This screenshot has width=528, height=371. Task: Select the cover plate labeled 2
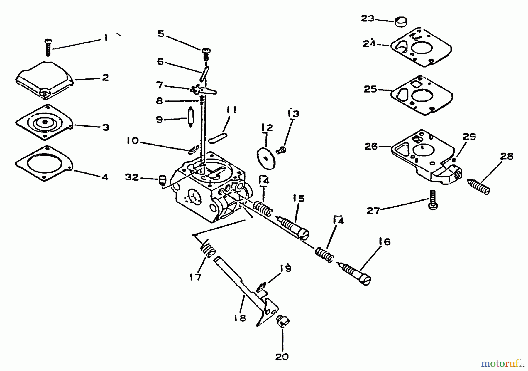click(44, 79)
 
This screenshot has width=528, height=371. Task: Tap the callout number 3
click(106, 127)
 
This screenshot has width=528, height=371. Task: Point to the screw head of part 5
click(206, 52)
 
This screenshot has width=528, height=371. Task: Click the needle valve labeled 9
click(190, 117)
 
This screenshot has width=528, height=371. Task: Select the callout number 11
click(232, 110)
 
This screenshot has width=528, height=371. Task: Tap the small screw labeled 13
click(281, 150)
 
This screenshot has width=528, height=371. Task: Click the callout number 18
click(240, 318)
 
